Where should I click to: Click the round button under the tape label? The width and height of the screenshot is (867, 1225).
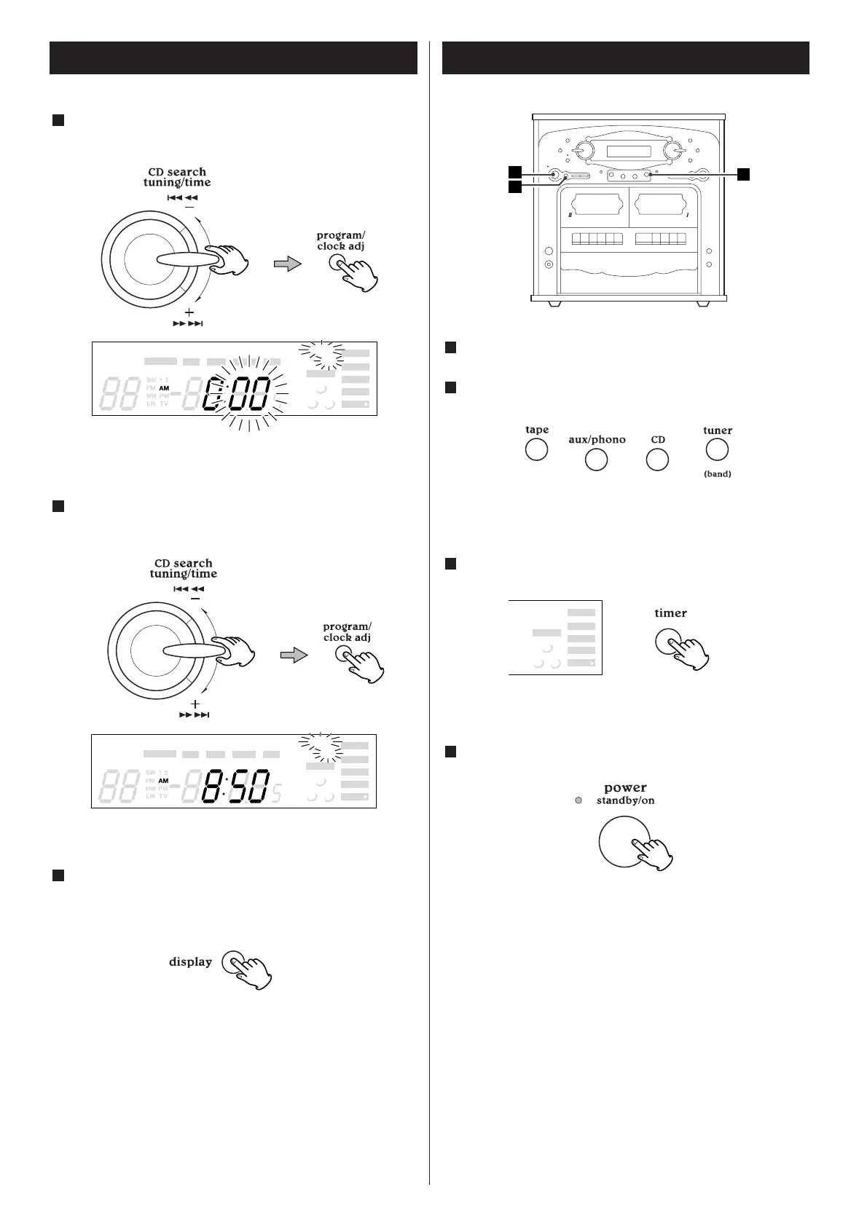coord(536,450)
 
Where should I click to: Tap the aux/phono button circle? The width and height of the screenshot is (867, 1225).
coord(596,460)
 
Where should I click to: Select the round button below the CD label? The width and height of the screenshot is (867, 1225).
coord(657,460)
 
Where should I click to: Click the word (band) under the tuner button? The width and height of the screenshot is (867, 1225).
coord(717,474)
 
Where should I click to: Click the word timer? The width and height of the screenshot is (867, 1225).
coord(670,613)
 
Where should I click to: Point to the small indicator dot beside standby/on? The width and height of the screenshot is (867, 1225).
coord(578,801)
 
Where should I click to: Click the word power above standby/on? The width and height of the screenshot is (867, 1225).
coord(625,787)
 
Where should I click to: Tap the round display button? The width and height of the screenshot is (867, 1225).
coord(232,961)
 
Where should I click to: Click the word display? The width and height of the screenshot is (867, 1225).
coord(190,961)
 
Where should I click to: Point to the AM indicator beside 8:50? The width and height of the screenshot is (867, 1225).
coord(163,781)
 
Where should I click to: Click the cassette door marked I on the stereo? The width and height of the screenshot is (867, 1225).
coord(660,209)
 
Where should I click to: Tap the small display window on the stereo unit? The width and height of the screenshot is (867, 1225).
coord(628,151)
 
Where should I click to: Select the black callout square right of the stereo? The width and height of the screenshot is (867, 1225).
coord(742,173)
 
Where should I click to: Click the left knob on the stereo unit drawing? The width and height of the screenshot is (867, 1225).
coord(583,151)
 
